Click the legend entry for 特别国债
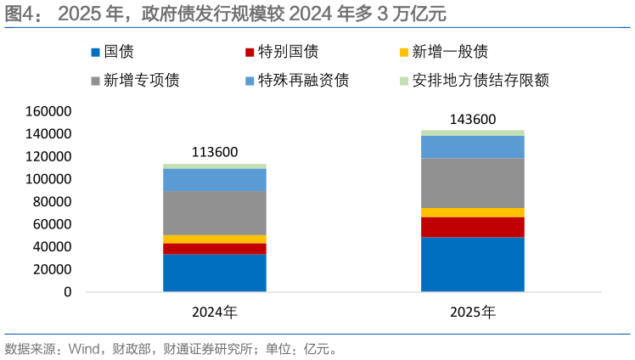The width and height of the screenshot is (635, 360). point(280,53)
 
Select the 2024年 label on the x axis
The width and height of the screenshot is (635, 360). point(214,312)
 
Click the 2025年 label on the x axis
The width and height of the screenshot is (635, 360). point(473,312)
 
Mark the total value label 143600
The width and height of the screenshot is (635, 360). point(473,119)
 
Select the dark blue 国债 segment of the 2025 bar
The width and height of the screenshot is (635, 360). point(473,264)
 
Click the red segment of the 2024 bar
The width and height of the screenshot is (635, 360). point(214,249)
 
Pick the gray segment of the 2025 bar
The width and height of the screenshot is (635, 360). point(473,183)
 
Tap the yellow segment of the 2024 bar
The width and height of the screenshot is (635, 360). point(214,239)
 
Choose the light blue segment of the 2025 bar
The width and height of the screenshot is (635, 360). point(473,147)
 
